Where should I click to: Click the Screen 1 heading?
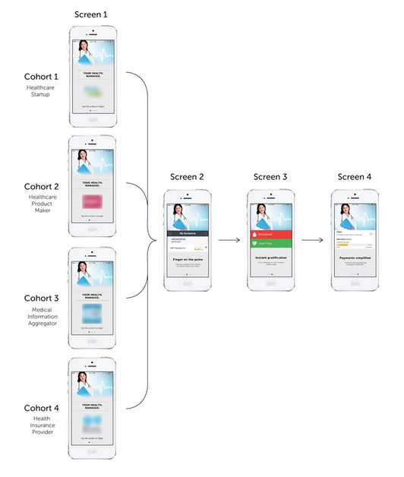pos(90,14)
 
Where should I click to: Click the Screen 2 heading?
pos(186,176)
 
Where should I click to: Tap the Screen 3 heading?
pos(270,176)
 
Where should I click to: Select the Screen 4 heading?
pos(354,176)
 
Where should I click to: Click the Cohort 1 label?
pos(40,77)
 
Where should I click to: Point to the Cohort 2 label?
pos(40,186)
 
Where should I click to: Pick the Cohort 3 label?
pos(40,297)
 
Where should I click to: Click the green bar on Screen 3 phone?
pos(270,244)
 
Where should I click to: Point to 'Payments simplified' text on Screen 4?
pos(354,257)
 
